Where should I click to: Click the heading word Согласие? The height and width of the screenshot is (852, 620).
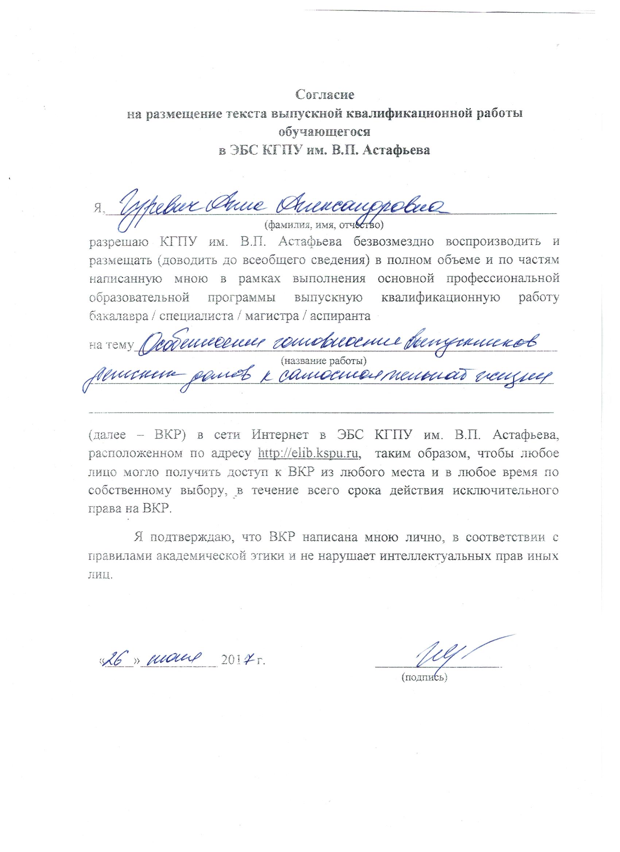(325, 94)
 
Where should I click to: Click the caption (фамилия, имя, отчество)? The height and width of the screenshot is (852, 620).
(324, 225)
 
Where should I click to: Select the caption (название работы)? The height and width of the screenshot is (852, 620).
(323, 361)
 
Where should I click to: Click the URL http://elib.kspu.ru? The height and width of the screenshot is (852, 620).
(309, 453)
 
